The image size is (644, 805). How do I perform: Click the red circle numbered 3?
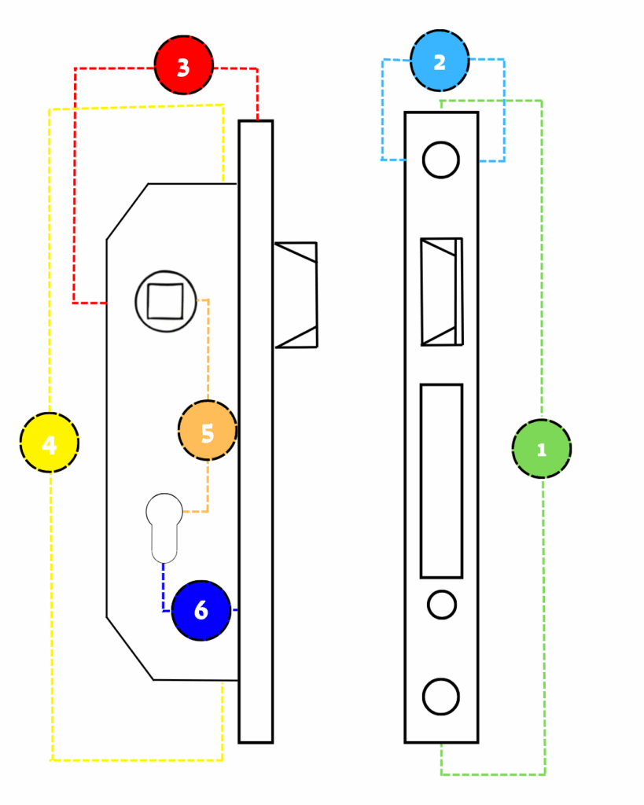[184, 65]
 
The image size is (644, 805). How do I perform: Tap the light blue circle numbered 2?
[440, 61]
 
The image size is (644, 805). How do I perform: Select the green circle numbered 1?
[542, 449]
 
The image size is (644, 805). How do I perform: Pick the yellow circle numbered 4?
[50, 443]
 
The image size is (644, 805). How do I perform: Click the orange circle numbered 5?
[208, 430]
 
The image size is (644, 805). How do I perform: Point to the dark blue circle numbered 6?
[201, 610]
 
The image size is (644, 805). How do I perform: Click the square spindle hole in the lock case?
[165, 301]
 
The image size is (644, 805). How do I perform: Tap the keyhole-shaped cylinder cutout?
[164, 528]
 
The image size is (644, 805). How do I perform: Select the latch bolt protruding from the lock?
[296, 296]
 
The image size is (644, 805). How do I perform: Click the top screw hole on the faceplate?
[440, 160]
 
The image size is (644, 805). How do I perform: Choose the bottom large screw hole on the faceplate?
[440, 697]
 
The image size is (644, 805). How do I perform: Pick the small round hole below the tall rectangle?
[442, 605]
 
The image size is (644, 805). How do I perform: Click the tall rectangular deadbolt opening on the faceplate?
[442, 481]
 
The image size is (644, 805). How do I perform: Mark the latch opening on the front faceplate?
[442, 292]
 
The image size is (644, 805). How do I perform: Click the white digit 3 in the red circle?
[183, 68]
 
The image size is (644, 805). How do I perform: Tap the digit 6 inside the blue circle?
[201, 610]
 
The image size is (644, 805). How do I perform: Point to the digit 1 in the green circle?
[541, 450]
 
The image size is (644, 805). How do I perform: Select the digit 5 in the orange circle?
[208, 433]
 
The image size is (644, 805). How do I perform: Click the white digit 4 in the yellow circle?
[49, 445]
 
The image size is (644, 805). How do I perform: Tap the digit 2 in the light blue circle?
[440, 62]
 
